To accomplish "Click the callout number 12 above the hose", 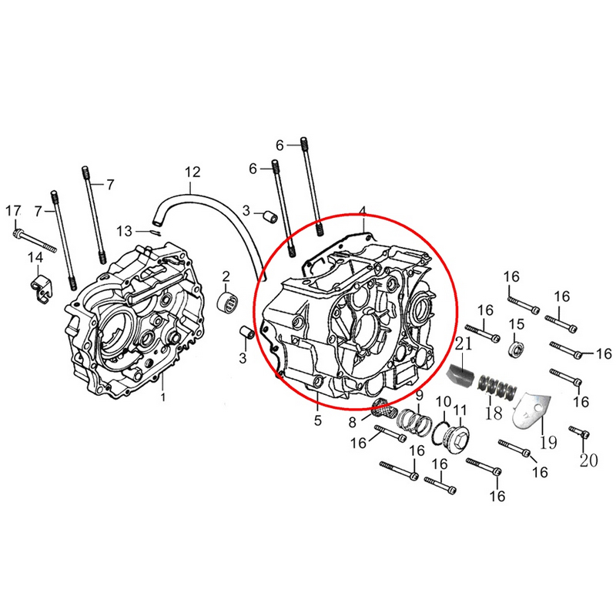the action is point(192,172).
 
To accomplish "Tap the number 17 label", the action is point(13,211).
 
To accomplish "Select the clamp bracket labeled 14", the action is point(42,287).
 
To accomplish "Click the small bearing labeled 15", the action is point(517,348).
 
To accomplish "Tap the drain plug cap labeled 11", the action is point(456,439).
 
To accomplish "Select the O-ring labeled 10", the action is point(440,434).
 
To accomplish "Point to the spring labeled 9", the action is point(413,421).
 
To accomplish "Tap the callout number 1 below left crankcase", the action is point(163,397).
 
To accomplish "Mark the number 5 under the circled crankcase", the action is point(318,420).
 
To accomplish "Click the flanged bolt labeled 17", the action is point(35,240).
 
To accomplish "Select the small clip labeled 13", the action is point(156,233).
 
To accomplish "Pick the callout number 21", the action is point(464,343).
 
